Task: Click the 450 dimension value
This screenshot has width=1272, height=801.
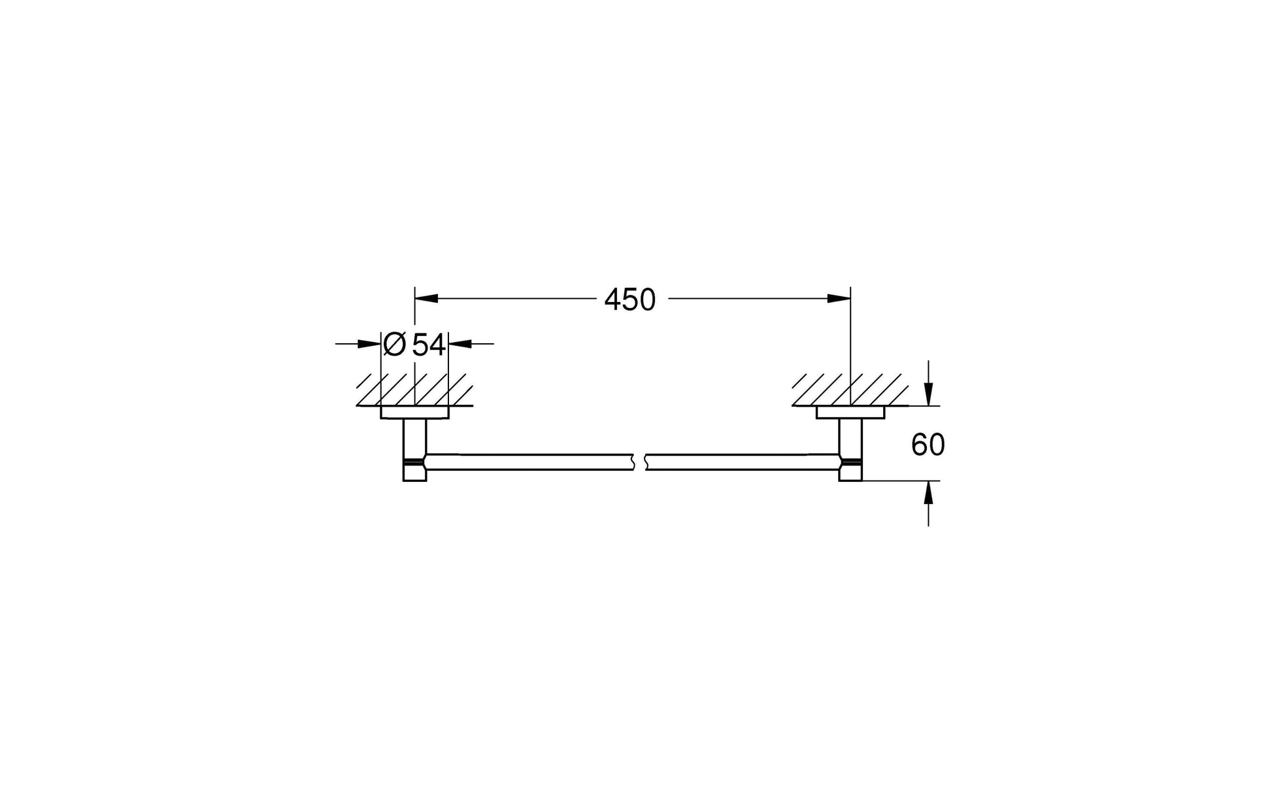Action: (629, 300)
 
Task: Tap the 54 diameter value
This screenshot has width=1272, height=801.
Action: (429, 345)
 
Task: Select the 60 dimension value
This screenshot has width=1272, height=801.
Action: (928, 445)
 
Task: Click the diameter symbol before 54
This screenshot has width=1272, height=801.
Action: (395, 344)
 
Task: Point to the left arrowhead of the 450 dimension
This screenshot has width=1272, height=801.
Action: (426, 299)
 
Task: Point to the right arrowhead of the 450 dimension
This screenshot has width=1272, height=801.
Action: (839, 299)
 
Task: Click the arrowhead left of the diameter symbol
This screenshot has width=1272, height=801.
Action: (369, 343)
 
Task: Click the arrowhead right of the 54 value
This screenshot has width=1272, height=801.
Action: (460, 343)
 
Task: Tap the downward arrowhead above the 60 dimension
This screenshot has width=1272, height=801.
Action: (928, 394)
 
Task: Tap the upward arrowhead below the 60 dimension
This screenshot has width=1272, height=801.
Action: (928, 492)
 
